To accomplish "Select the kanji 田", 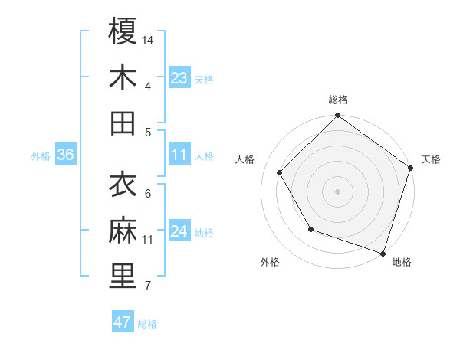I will pyautogui.click(x=123, y=122).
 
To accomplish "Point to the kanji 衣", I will pyautogui.click(x=123, y=184).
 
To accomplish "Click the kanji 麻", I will pyautogui.click(x=123, y=230).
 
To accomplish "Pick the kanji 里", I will pyautogui.click(x=123, y=276).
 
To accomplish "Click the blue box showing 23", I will pyautogui.click(x=179, y=78).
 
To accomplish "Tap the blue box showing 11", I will pyautogui.click(x=179, y=155).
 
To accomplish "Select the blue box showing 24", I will pyautogui.click(x=179, y=232).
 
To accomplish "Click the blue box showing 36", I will pyautogui.click(x=65, y=155).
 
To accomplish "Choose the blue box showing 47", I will pyautogui.click(x=123, y=322).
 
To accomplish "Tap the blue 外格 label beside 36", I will pyautogui.click(x=41, y=156).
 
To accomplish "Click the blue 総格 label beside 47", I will pyautogui.click(x=147, y=324).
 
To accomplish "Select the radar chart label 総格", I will pyautogui.click(x=338, y=100).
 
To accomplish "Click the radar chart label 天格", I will pyautogui.click(x=431, y=159).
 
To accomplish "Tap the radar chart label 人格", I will pyautogui.click(x=245, y=159).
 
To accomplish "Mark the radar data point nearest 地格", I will pyautogui.click(x=383, y=253).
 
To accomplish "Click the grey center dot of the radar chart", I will pyautogui.click(x=338, y=191).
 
